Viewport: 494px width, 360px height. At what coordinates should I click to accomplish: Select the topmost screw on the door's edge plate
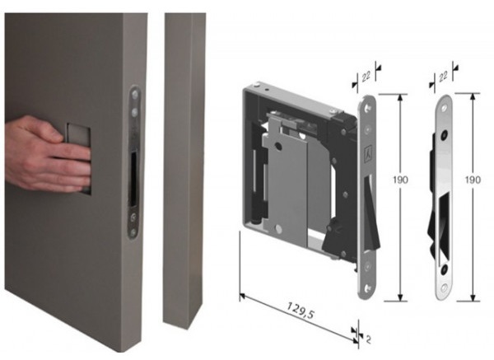(x=135, y=94)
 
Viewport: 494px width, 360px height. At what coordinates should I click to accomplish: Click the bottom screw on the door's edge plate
(x=133, y=232)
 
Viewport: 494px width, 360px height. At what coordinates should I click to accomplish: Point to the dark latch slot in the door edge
(x=133, y=177)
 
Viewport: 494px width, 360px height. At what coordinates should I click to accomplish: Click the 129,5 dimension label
(x=301, y=311)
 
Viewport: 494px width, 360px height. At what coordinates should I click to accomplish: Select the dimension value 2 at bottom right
(x=368, y=339)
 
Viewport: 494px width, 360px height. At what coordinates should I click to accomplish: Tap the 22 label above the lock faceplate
(x=366, y=77)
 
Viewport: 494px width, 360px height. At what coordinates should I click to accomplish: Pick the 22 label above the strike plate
(x=443, y=76)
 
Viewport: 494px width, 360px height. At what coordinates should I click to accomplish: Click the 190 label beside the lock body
(x=400, y=180)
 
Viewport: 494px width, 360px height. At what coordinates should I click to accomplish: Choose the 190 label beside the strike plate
(x=473, y=180)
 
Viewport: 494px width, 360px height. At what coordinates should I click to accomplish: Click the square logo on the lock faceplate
(x=367, y=155)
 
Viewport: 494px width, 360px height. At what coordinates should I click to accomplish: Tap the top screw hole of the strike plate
(x=445, y=108)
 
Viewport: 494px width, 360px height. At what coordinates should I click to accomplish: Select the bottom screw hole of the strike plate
(x=444, y=288)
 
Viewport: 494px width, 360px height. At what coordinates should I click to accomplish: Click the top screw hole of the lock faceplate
(x=368, y=109)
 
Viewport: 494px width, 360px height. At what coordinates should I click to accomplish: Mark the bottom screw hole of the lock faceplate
(x=367, y=288)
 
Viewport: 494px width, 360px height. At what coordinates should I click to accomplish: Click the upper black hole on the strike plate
(x=445, y=134)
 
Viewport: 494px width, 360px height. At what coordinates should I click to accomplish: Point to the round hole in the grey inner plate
(x=278, y=146)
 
